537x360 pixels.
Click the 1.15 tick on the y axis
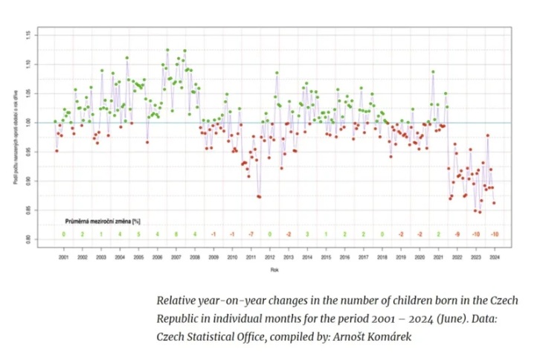[28, 34]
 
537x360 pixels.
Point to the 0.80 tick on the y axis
[28, 239]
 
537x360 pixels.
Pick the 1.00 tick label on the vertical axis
[28, 122]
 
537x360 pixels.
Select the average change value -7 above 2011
[251, 234]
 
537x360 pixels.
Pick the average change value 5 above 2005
[138, 234]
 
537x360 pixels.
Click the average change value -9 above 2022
[457, 234]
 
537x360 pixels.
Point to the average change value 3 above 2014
[307, 234]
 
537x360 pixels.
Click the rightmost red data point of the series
[494, 202]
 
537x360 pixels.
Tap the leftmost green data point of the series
[55, 121]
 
